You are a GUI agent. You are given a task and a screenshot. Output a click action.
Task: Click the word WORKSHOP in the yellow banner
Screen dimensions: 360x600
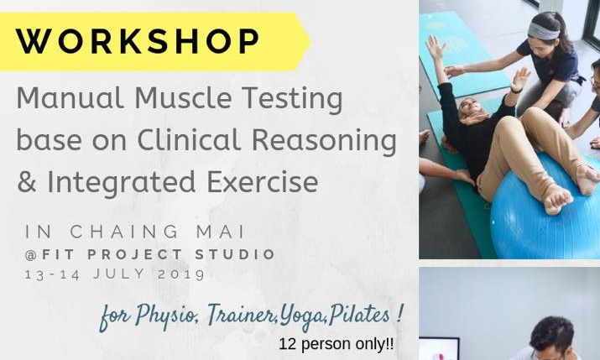click(138, 40)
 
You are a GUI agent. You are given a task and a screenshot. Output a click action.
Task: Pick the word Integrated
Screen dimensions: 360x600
click(138, 182)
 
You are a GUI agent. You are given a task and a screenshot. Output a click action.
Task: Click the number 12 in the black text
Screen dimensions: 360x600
click(288, 344)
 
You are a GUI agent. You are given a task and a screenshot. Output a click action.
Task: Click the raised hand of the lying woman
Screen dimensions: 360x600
click(434, 46)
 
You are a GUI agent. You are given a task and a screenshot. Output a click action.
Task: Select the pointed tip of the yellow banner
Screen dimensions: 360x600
click(308, 40)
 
